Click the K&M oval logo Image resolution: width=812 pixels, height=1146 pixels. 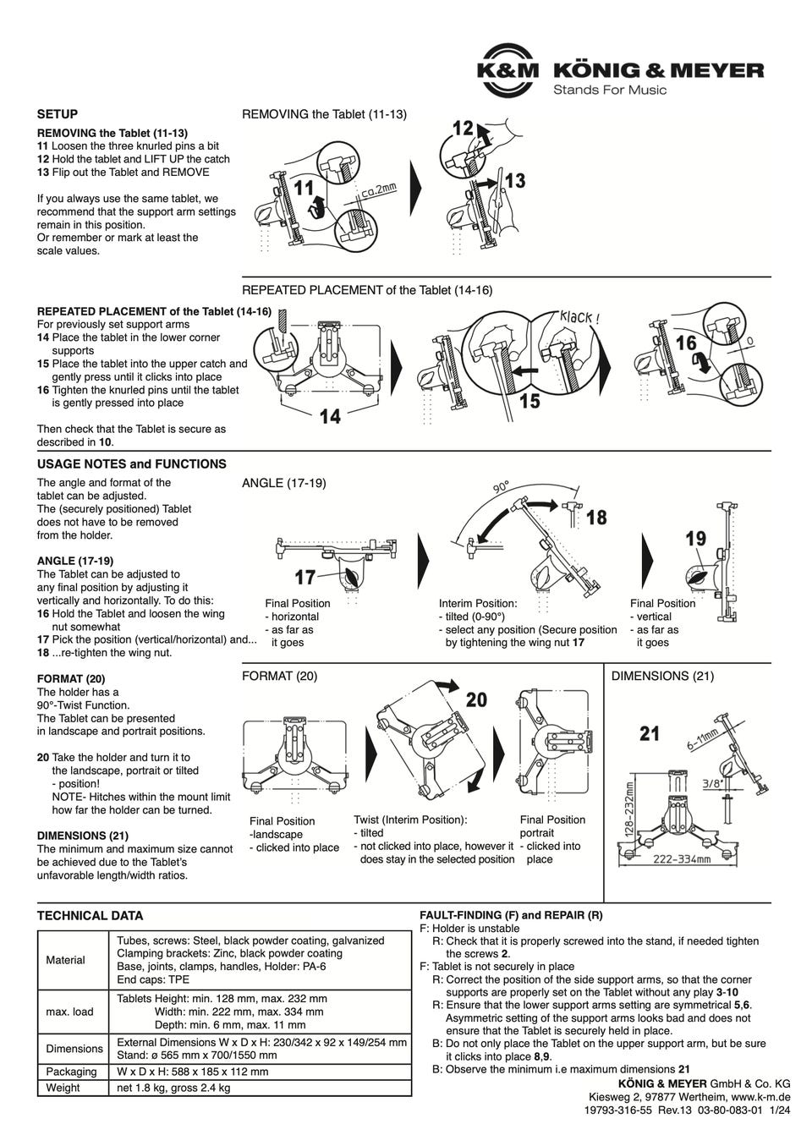tap(506, 71)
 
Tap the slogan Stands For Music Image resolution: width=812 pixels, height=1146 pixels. tap(609, 90)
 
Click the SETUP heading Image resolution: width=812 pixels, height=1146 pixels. tap(58, 114)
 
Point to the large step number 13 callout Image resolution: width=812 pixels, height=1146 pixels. tap(514, 180)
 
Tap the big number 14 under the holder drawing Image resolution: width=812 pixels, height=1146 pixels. tap(330, 416)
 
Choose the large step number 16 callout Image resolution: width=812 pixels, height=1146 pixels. tap(686, 343)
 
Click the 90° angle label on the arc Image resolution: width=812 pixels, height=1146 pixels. tap(501, 488)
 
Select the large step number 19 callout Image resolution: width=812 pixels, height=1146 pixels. tap(695, 539)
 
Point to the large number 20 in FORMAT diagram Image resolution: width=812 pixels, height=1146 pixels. tap(476, 699)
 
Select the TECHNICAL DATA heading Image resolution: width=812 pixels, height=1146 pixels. tap(90, 915)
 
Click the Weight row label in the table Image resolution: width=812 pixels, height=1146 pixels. tap(63, 1088)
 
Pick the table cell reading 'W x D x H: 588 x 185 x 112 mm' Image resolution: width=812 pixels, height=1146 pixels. tap(192, 1072)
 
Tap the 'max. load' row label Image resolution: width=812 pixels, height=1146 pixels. tap(70, 1012)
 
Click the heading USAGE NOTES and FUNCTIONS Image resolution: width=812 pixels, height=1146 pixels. tap(131, 464)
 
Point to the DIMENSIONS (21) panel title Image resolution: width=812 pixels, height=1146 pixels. tap(662, 676)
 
